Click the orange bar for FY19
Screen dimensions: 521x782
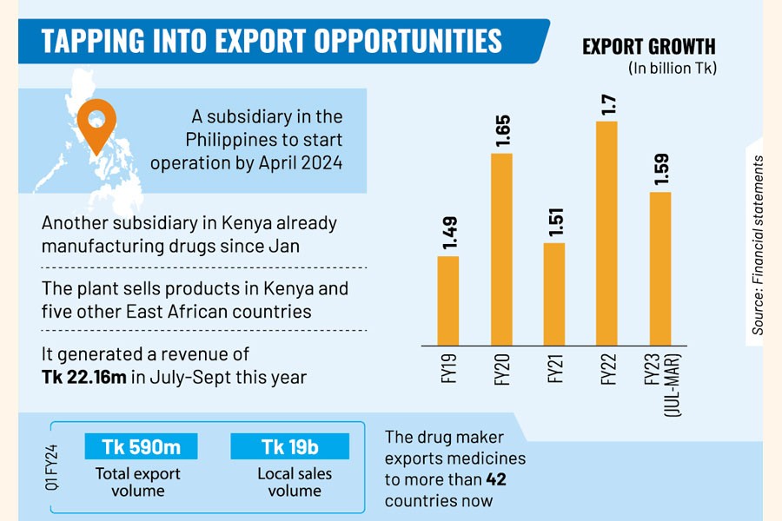(447, 300)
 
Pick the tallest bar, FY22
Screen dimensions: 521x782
(607, 233)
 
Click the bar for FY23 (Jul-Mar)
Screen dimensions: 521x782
(660, 267)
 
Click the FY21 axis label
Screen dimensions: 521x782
(555, 370)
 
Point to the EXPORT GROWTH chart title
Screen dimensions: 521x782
(649, 46)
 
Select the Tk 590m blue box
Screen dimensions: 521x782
(142, 446)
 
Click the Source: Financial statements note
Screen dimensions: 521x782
(759, 246)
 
